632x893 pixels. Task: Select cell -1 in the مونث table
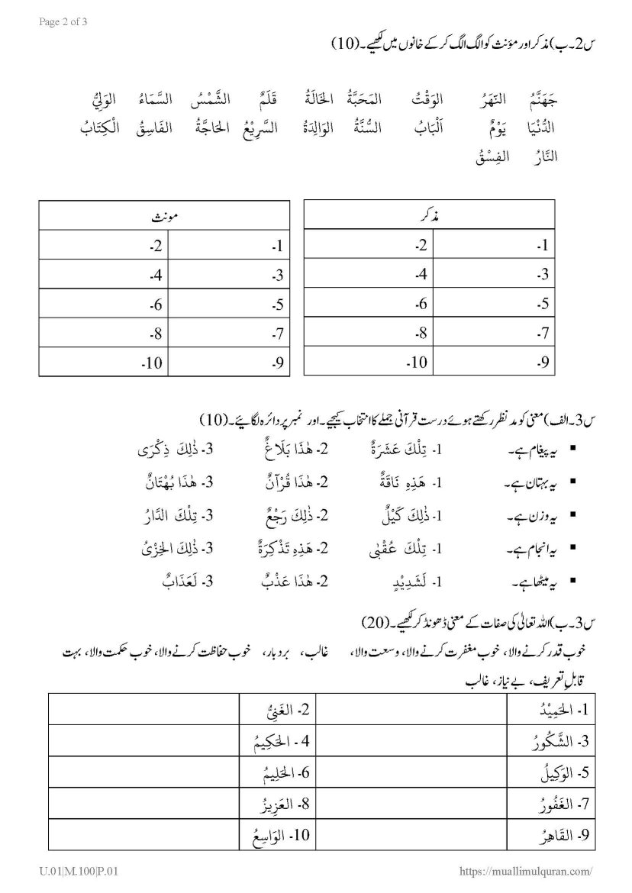tap(228, 247)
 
